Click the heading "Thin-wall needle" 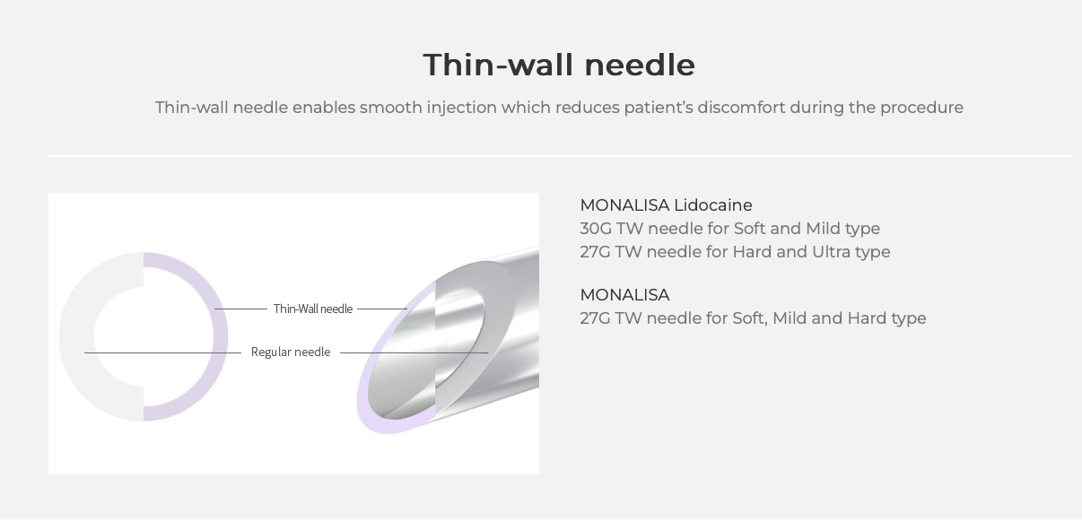(559, 65)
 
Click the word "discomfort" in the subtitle (741, 108)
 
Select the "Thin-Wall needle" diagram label (313, 309)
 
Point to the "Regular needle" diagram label (291, 352)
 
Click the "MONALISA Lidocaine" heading (666, 205)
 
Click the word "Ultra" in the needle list (828, 252)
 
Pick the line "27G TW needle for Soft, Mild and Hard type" (753, 318)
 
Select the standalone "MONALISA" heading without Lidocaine (624, 295)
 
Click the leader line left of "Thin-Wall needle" (240, 309)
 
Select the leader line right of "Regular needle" (414, 353)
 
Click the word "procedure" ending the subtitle (921, 108)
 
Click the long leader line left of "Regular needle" (162, 353)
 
